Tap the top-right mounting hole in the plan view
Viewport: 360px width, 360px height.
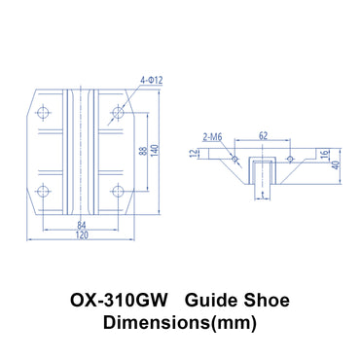pyautogui.click(x=117, y=114)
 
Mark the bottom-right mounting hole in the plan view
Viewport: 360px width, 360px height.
pyautogui.click(x=117, y=190)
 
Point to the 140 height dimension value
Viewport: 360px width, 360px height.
pyautogui.click(x=156, y=151)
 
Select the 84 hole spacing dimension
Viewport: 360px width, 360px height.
pyautogui.click(x=81, y=227)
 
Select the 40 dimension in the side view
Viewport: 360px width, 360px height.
pyautogui.click(x=336, y=165)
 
